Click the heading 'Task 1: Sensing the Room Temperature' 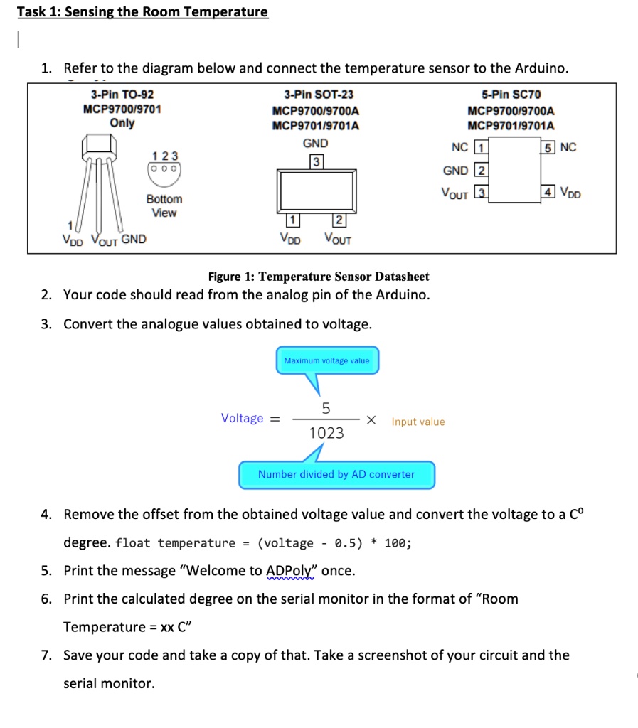coord(142,12)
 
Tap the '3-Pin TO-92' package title coord(122,95)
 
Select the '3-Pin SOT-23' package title coord(318,95)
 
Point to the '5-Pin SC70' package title coord(511,95)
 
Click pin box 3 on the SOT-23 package coord(316,161)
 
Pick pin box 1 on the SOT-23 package coord(292,219)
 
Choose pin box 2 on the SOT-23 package coord(339,219)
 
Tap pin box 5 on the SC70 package coord(548,148)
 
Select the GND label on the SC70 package coord(455,171)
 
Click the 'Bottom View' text coord(164,205)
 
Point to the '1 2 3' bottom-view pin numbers coord(165,156)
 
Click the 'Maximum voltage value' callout coord(326,360)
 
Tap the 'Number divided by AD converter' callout coord(336,474)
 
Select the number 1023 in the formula coord(326,433)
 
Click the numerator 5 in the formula coord(326,408)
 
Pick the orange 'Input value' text coord(418,422)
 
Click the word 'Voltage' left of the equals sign coord(242,418)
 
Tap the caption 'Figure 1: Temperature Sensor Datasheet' coord(318,277)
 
